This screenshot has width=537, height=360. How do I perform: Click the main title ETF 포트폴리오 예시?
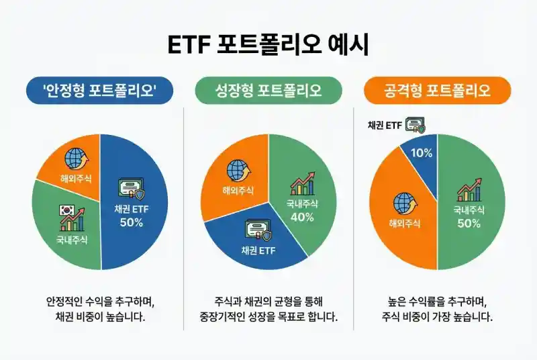(268, 45)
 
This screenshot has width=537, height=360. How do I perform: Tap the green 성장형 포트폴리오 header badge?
(268, 91)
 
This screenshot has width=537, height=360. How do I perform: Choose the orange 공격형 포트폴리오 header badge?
(437, 91)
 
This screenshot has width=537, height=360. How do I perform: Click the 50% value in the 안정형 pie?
(132, 222)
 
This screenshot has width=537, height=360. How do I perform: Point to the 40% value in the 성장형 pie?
(301, 216)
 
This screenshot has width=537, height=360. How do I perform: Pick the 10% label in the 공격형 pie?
(421, 153)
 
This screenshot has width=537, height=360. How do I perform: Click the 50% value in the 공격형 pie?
(469, 223)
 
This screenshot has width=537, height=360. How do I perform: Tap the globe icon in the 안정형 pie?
(75, 159)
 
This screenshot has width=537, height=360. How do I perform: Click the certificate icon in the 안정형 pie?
(131, 189)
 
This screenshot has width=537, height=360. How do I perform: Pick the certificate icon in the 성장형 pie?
(258, 232)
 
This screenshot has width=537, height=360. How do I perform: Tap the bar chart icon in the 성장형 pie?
(301, 183)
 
